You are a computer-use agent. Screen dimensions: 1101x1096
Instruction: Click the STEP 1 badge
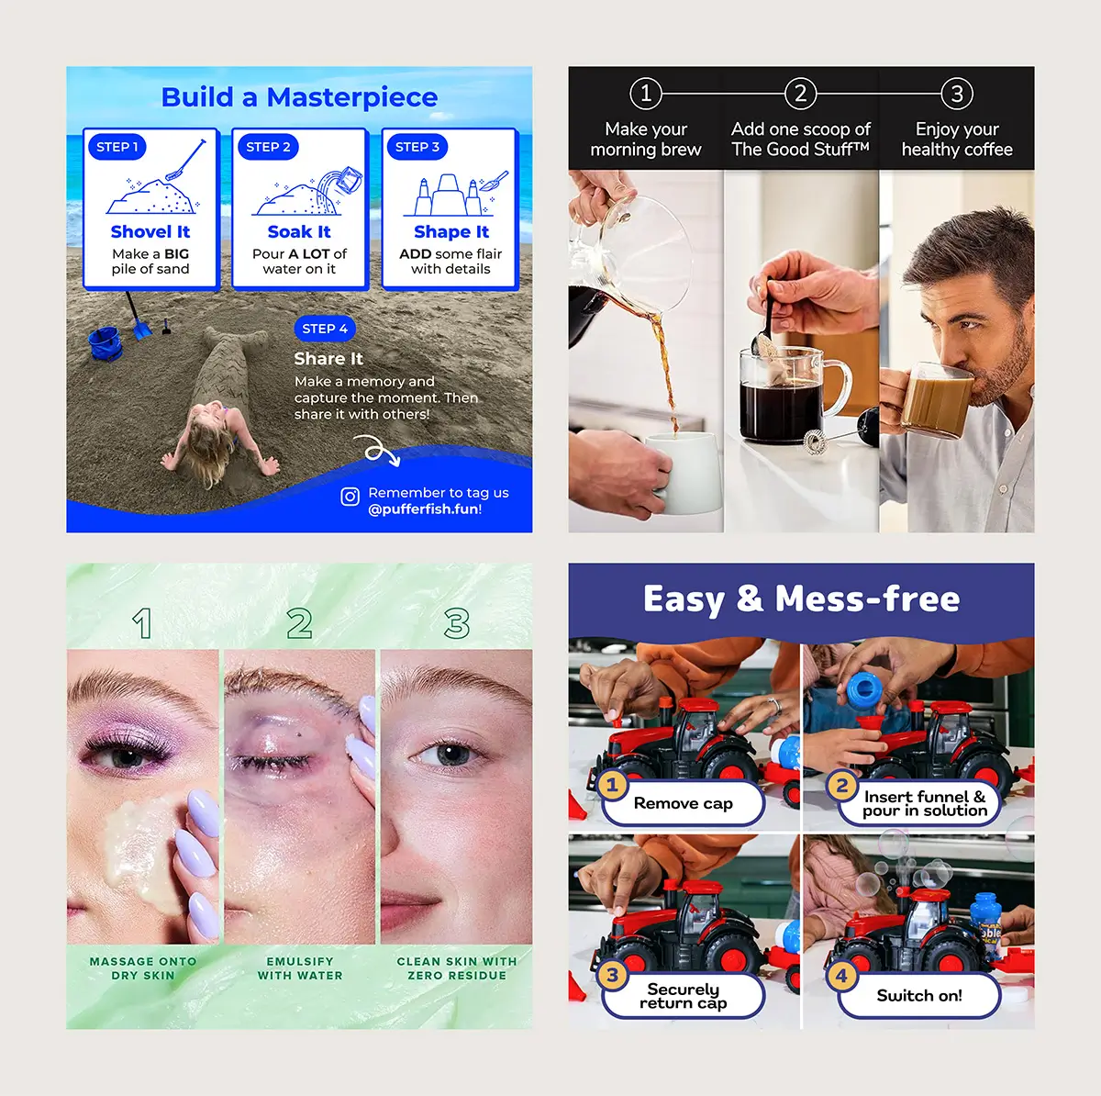pos(117,147)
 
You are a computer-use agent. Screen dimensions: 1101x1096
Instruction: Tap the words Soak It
pos(299,231)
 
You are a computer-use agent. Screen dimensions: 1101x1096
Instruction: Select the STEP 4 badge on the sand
pos(325,329)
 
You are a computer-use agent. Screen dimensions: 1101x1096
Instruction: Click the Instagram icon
pos(350,497)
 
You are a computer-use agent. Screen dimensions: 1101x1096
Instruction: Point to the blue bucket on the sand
pos(105,343)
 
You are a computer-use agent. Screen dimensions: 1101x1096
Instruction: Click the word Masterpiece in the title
pos(352,97)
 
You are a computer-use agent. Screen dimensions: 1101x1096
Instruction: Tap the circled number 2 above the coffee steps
pos(800,94)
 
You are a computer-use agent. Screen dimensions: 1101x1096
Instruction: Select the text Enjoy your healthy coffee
pos(957,139)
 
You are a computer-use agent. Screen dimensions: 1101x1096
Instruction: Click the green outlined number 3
pos(457,623)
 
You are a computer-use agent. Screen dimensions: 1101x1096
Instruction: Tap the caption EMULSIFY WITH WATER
pos(300,968)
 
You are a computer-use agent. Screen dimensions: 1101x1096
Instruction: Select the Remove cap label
pos(684,803)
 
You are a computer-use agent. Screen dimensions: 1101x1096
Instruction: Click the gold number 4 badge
pos(841,976)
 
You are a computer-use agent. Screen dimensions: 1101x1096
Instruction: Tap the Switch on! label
pos(919,995)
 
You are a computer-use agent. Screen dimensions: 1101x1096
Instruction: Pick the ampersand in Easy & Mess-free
pos(750,598)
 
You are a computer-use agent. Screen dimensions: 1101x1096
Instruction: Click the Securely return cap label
pos(684,996)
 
